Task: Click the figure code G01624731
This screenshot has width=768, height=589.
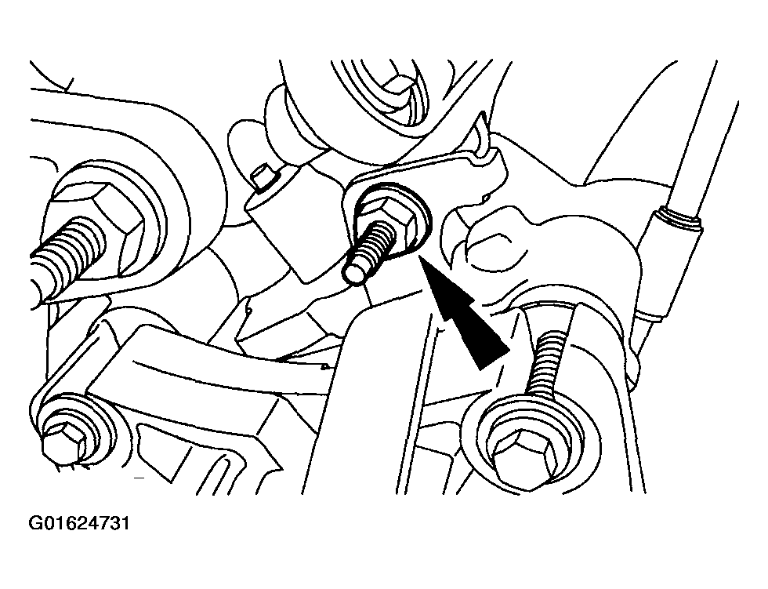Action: click(x=79, y=524)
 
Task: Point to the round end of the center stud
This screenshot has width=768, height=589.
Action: click(x=355, y=272)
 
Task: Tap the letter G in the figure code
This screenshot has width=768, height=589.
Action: click(x=35, y=524)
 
